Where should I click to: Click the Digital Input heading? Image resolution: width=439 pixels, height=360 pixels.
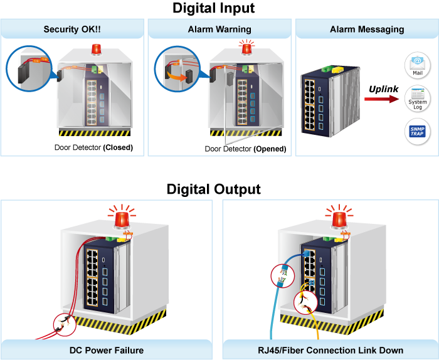tap(214, 8)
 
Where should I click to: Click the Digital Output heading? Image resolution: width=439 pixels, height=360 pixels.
tap(214, 189)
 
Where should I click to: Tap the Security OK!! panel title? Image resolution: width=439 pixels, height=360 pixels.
tap(71, 29)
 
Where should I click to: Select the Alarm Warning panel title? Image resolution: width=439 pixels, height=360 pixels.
tap(219, 29)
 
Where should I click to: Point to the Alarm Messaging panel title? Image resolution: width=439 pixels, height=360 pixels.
tap(367, 29)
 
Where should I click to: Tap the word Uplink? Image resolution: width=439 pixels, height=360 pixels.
tap(383, 89)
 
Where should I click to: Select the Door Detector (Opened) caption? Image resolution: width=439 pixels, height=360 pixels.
tap(245, 149)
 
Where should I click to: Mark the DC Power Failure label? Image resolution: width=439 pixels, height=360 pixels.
tap(107, 350)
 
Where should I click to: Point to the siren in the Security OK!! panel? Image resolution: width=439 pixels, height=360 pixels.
tap(96, 50)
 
